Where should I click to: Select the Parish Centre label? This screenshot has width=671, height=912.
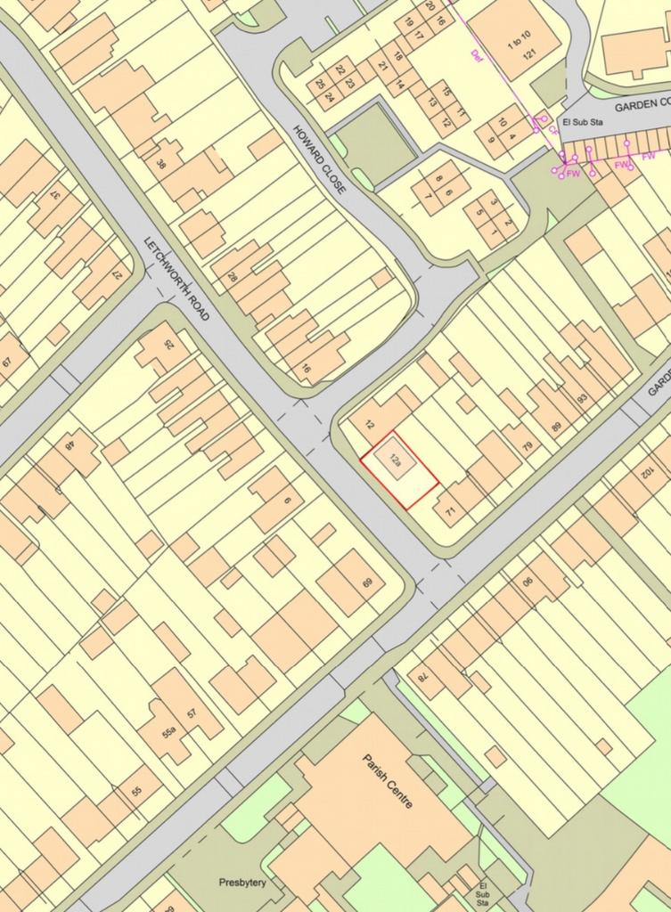388,780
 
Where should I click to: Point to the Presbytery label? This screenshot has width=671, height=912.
242,883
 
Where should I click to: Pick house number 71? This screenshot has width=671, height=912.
450,510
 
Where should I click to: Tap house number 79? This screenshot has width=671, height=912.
526,444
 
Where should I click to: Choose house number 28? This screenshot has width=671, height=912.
233,277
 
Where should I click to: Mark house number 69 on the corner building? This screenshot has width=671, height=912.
366,583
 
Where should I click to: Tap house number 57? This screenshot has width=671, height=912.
191,713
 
